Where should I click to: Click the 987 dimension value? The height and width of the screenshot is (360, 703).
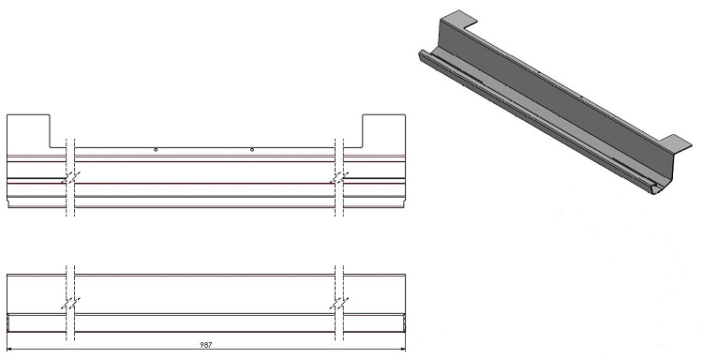[x=206, y=345]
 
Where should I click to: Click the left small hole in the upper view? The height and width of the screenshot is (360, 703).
[x=156, y=150]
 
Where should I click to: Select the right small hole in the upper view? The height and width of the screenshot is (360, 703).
[x=252, y=150]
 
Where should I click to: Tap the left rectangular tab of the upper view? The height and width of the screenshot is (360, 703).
[x=29, y=131]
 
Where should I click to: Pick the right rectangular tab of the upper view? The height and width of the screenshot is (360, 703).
[x=383, y=131]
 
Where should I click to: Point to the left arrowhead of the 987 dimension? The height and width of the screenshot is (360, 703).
[x=10, y=350]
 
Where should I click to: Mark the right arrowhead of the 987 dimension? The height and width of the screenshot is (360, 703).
[x=403, y=350]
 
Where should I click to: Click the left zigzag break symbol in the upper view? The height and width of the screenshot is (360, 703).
[x=70, y=177]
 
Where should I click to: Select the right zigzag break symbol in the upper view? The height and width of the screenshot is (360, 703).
[x=339, y=177]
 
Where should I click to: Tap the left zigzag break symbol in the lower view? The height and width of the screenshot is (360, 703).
[x=70, y=303]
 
